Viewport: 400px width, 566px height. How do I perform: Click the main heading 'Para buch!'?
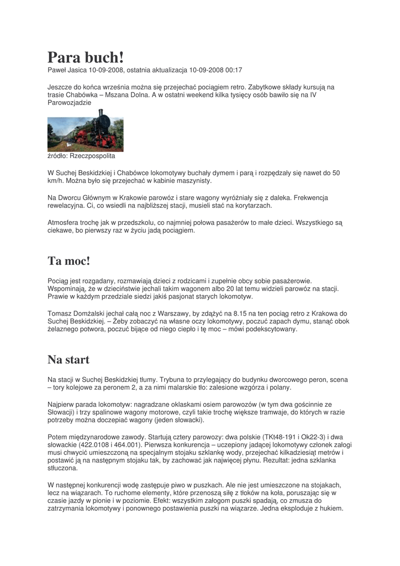(86, 57)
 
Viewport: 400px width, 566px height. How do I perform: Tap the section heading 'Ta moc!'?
(69, 260)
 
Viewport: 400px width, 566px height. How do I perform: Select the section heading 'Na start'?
(69, 360)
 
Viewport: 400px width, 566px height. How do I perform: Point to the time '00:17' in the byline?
(234, 70)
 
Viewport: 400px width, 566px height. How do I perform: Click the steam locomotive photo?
(86, 130)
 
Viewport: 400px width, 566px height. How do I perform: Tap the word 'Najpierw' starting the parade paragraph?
(62, 404)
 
